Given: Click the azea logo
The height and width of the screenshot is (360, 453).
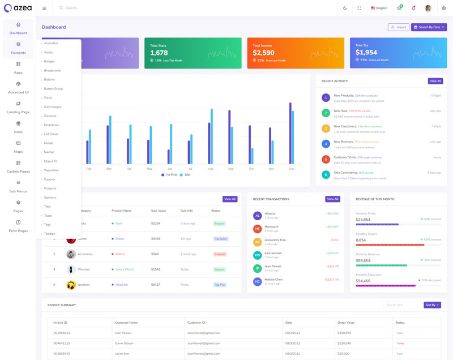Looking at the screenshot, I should click(18, 8).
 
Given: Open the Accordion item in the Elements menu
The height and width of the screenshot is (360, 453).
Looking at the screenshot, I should click(51, 44).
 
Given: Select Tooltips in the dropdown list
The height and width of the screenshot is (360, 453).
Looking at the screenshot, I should click(50, 234).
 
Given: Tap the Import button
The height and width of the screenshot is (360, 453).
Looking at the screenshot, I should click(399, 27).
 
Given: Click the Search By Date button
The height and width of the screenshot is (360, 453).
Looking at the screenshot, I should click(429, 27).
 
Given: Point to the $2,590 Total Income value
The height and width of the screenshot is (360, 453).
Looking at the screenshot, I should click(263, 53).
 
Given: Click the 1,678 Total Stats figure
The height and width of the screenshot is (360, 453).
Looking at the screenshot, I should click(159, 53).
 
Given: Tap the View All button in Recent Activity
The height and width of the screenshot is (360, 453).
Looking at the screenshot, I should click(435, 81).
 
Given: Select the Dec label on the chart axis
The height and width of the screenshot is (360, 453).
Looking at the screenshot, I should click(292, 169).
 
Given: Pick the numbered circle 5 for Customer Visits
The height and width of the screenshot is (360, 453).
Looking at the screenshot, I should click(326, 160).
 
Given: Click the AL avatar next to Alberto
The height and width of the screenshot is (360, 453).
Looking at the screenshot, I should click(258, 216).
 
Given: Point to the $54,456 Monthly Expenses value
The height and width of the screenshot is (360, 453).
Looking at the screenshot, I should click(363, 281).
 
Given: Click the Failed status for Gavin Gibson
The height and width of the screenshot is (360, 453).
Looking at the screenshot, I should click(400, 343).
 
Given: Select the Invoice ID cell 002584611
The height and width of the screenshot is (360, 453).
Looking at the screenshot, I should click(62, 333).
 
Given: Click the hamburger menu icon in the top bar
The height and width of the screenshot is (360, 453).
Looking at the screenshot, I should click(44, 8).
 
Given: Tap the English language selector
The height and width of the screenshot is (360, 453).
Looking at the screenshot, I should click(379, 8).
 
